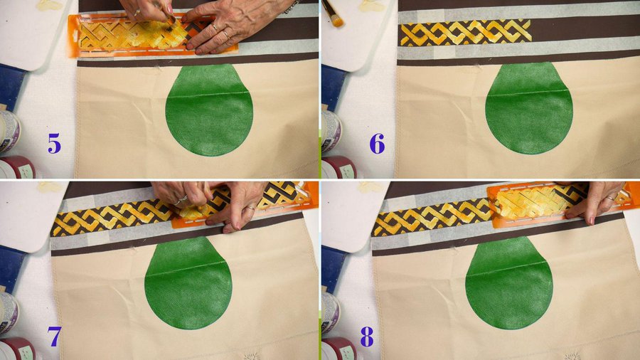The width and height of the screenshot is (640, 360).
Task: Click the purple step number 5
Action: [x=54, y=144]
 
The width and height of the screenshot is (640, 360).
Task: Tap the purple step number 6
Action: [x=377, y=144]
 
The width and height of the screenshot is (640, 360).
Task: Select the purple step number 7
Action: [x=54, y=337]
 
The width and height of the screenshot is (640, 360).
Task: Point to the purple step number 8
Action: [x=367, y=337]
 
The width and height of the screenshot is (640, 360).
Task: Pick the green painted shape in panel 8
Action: [x=509, y=284]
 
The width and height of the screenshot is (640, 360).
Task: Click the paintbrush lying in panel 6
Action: [x=334, y=14]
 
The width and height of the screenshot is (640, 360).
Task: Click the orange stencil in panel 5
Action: [x=153, y=36]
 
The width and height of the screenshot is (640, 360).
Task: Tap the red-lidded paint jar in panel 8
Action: [x=338, y=349]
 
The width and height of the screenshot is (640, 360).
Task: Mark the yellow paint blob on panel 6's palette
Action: [x=371, y=5]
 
